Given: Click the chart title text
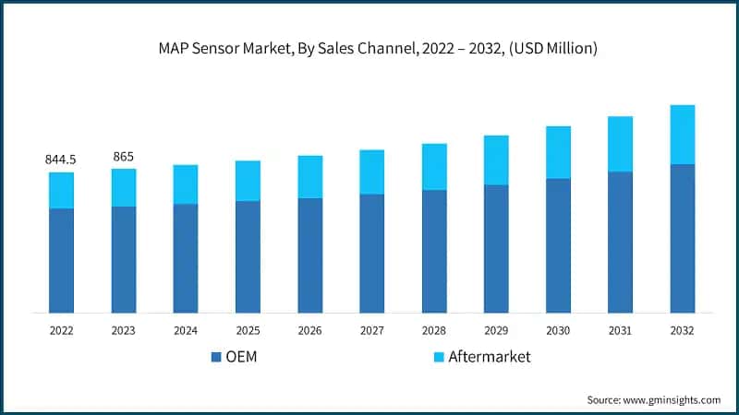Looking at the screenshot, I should click(369, 47).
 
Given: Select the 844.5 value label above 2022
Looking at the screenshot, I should click(61, 160).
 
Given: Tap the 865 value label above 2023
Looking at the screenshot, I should click(123, 157).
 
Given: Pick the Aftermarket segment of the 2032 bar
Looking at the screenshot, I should click(682, 135).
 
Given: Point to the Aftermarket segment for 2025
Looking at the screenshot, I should click(248, 181).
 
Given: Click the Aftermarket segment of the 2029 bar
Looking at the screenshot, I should click(495, 160).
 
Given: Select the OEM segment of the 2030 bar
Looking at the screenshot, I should click(558, 245).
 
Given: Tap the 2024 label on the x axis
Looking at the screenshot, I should click(185, 329).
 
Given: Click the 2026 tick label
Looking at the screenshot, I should click(309, 329).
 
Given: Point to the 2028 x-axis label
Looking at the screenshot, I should click(433, 329).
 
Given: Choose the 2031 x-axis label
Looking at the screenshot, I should click(620, 329).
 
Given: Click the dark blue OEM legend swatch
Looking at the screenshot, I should click(216, 357).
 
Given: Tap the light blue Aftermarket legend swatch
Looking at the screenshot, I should click(438, 357).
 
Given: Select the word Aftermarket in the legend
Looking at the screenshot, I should click(490, 357).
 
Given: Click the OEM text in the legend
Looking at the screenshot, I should click(242, 357).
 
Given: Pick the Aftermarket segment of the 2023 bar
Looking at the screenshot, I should click(123, 187).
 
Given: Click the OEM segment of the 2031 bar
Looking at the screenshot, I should click(620, 242).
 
